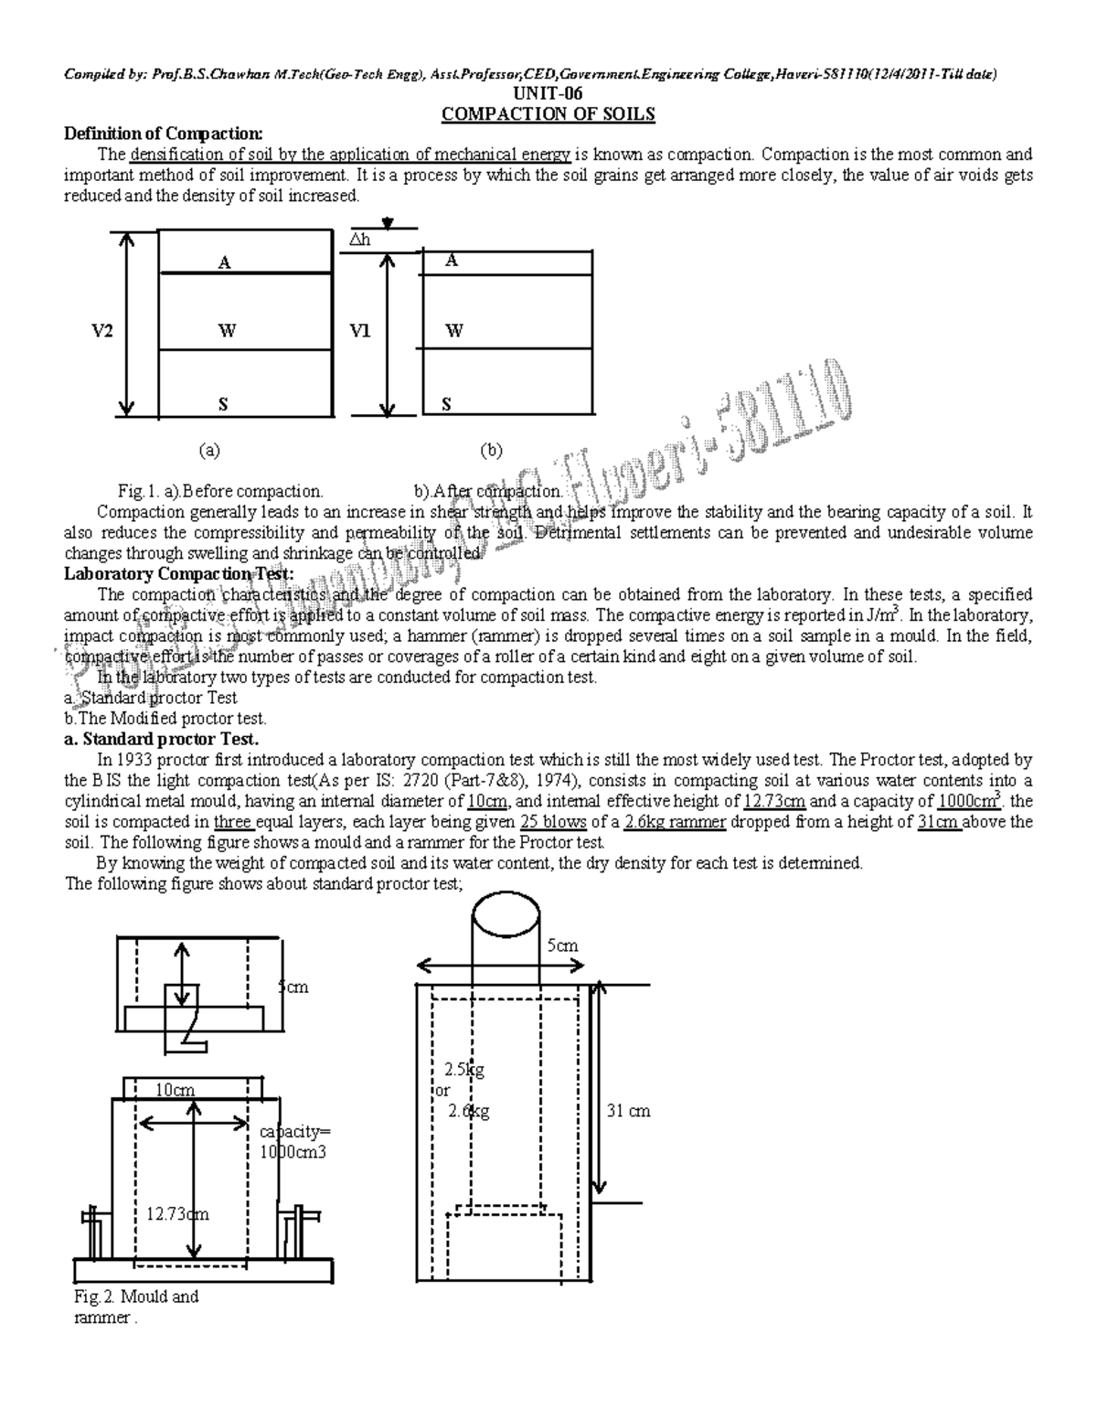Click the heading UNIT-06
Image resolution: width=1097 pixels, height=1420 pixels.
548,94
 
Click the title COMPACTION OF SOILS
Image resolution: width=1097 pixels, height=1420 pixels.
548,114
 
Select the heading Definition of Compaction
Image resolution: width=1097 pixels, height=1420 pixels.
163,134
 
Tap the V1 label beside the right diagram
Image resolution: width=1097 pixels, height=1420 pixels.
360,331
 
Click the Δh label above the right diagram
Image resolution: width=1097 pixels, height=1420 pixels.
360,240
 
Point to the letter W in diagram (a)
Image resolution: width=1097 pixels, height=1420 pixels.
224,331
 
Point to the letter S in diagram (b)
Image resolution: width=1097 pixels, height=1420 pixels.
446,404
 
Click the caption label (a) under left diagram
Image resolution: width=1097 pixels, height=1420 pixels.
210,450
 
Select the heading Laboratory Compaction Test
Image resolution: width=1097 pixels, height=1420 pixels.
178,574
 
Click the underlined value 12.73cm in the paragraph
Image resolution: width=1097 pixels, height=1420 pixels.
774,802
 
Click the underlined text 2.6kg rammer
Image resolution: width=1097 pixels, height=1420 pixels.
676,822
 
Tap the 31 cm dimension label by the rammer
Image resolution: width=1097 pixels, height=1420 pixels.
628,1111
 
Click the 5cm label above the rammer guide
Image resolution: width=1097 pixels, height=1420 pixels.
562,945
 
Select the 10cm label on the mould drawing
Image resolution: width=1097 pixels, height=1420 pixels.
175,1090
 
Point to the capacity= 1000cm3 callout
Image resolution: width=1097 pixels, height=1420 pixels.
293,1142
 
